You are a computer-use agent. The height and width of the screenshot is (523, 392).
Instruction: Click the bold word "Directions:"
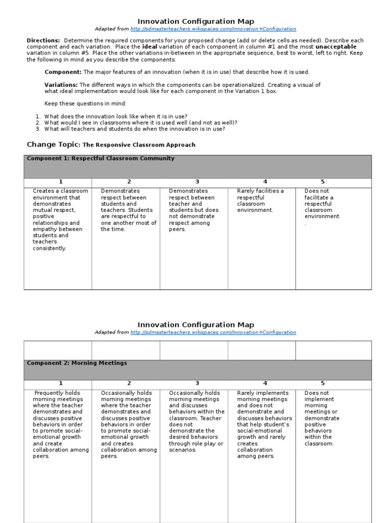click(43, 40)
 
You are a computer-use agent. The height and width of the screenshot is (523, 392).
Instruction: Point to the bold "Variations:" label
click(61, 85)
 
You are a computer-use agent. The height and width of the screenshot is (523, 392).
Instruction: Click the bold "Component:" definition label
click(63, 72)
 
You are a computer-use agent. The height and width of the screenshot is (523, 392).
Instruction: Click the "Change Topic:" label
click(54, 145)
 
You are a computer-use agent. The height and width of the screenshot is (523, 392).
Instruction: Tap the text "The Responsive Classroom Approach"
click(139, 145)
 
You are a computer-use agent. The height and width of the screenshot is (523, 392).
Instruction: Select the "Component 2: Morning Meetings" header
click(77, 363)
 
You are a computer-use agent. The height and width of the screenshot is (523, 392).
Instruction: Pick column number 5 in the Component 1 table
click(323, 182)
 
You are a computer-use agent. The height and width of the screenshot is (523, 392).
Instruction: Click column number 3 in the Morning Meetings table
click(197, 383)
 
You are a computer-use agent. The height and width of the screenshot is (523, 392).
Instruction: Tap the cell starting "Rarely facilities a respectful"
click(260, 200)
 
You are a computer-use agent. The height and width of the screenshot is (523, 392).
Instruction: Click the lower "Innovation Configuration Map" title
click(196, 325)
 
